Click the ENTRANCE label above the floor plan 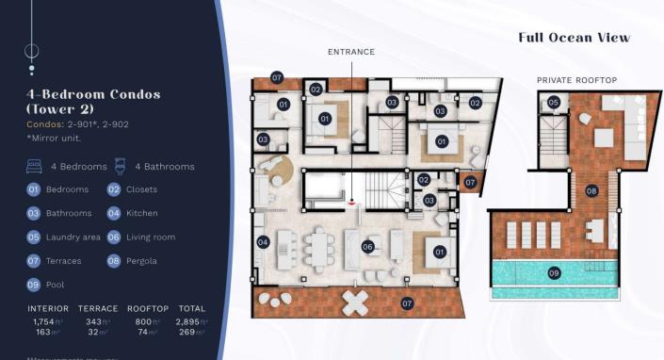tap(350, 52)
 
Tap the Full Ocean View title tap(574, 38)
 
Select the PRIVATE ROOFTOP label tap(576, 80)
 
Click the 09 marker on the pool tap(554, 273)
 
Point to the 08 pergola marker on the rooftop tap(591, 190)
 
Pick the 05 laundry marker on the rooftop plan tap(554, 102)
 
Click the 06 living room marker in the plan tap(368, 247)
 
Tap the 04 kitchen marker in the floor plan tap(262, 242)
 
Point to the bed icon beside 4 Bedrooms tap(34, 167)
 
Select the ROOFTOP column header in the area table tap(148, 308)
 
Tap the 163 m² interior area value tap(47, 333)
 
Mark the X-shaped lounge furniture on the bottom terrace tap(357, 302)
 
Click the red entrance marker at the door tap(350, 200)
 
